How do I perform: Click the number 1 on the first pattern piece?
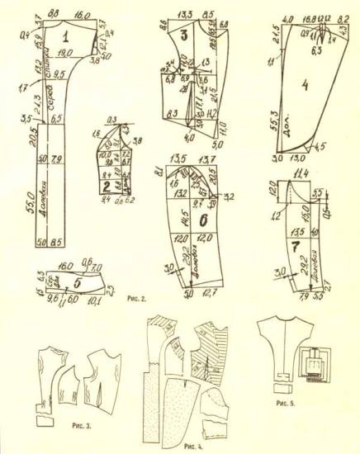click(65, 34)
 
